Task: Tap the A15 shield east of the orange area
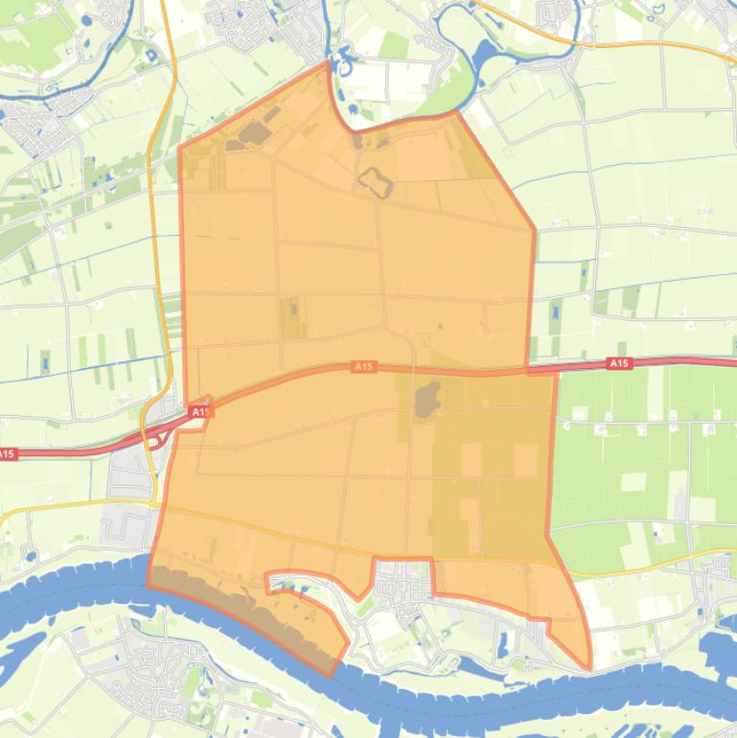pyautogui.click(x=619, y=363)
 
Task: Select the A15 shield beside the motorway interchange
pyautogui.click(x=198, y=411)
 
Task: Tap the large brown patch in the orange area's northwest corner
pyautogui.click(x=253, y=132)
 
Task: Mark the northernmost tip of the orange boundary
pyautogui.click(x=328, y=63)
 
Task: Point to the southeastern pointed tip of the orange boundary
pyautogui.click(x=589, y=668)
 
